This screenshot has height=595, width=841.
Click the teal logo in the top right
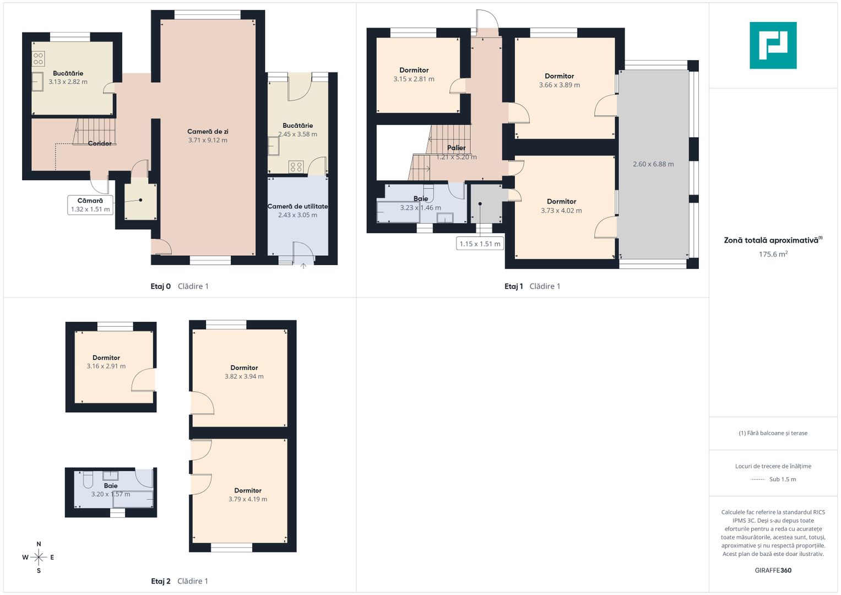tap(773, 45)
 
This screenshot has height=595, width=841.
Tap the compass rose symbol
tap(39, 557)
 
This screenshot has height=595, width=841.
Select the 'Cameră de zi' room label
tap(208, 132)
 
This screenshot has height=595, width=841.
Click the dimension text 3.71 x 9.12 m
tap(208, 140)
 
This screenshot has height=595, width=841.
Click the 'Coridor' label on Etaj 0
tap(100, 143)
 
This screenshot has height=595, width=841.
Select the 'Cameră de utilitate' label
tap(297, 206)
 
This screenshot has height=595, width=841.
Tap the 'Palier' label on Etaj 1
tap(456, 148)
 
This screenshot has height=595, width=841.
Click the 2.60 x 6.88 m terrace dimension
tap(653, 164)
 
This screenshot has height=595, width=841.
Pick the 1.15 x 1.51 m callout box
tap(480, 244)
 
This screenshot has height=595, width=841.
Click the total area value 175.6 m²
tap(773, 254)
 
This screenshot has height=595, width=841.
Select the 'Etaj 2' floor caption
tap(161, 581)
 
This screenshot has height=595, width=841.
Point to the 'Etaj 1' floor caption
tap(514, 286)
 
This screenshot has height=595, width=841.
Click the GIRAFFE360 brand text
tap(773, 570)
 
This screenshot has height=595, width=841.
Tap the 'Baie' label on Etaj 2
tap(111, 486)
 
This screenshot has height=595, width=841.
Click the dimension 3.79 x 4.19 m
tap(248, 499)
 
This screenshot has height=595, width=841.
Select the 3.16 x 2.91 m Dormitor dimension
tap(106, 366)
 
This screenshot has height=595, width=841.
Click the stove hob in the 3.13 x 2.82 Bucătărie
tap(39, 58)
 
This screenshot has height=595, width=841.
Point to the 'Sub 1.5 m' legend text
tap(783, 479)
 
